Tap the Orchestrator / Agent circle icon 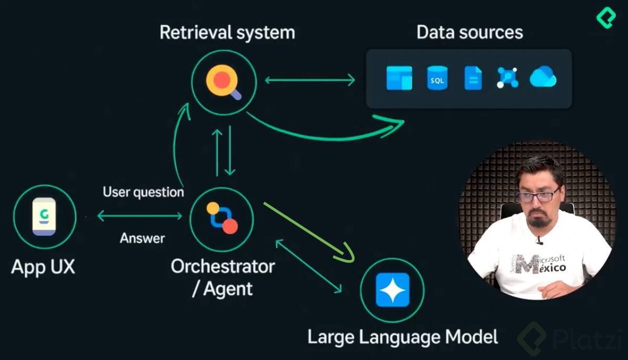point(221,219)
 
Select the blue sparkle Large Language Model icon point(392,290)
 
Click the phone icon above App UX point(44,216)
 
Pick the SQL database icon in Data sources point(437,78)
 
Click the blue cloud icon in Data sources point(543,77)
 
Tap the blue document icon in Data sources point(473,78)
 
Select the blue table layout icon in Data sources point(399,78)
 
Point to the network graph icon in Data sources point(508,78)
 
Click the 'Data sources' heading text point(469,32)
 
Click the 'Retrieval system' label point(227,32)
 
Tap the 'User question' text point(143,192)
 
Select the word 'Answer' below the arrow point(142,238)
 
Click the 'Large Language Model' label point(402,336)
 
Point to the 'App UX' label point(43,267)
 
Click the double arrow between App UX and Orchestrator point(139,215)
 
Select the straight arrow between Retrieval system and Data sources point(310,81)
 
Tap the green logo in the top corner point(606,18)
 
